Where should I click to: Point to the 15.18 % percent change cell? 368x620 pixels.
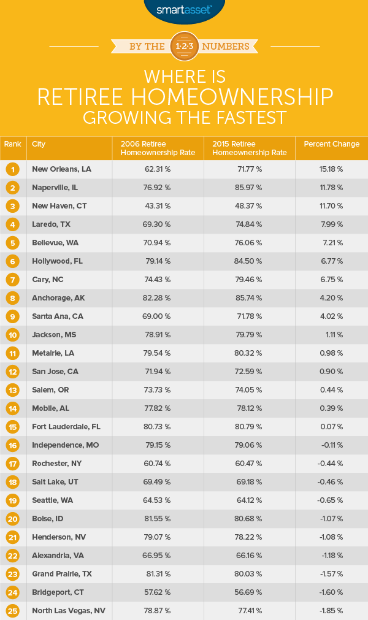pos(331,169)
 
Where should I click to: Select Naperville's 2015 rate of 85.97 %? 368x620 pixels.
pos(249,187)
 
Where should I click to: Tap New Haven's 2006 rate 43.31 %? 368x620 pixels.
pos(158,205)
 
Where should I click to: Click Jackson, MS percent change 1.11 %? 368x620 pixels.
pos(331,334)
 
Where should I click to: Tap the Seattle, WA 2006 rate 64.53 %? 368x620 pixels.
pos(158,500)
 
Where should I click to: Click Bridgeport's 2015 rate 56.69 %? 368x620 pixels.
pos(249,592)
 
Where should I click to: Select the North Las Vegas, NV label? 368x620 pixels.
pos(66,610)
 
